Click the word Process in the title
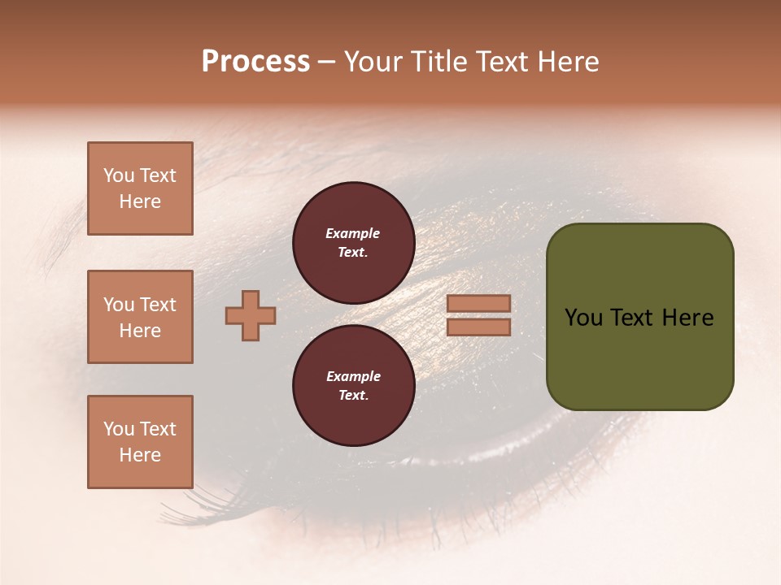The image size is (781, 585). pyautogui.click(x=255, y=62)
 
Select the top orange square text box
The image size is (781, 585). pyautogui.click(x=140, y=188)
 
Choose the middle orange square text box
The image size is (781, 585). pyautogui.click(x=140, y=317)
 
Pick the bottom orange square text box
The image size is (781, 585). pyautogui.click(x=140, y=442)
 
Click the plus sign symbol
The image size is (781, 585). pyautogui.click(x=251, y=315)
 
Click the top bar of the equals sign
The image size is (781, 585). pyautogui.click(x=479, y=303)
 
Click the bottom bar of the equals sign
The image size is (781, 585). pyautogui.click(x=479, y=327)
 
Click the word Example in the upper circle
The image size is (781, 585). pyautogui.click(x=353, y=233)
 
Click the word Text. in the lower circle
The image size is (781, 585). pyautogui.click(x=353, y=395)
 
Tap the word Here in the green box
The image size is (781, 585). pyautogui.click(x=687, y=318)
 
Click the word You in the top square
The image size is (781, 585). pyautogui.click(x=119, y=175)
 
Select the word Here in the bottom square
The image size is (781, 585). pyautogui.click(x=140, y=455)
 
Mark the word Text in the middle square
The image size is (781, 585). pyautogui.click(x=158, y=305)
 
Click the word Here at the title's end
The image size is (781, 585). pyautogui.click(x=568, y=62)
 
